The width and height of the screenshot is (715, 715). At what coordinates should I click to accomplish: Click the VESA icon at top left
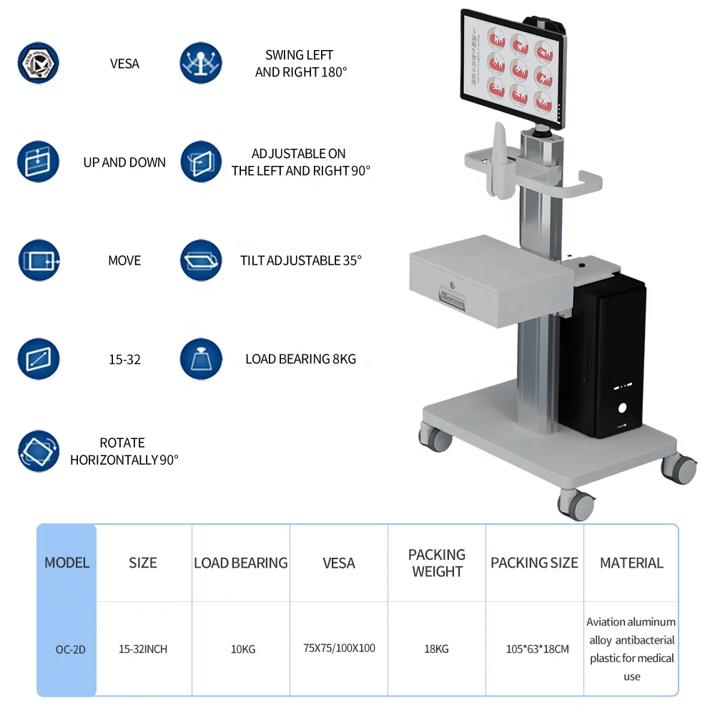(38, 64)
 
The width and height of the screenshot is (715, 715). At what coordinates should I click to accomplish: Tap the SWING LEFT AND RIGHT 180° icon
(201, 64)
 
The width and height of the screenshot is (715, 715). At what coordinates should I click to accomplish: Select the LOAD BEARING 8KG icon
(201, 359)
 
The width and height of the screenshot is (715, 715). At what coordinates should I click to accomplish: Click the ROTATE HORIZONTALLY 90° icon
(38, 451)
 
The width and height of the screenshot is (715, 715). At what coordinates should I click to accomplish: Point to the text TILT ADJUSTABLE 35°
(301, 260)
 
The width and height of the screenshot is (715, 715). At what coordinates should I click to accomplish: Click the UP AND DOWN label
(124, 162)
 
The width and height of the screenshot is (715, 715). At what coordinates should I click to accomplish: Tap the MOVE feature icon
(38, 260)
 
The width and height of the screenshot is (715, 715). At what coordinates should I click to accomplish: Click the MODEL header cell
(66, 563)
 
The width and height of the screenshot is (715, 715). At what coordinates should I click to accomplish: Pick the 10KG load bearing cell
(241, 649)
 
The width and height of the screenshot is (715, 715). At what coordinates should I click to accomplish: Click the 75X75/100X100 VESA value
(339, 649)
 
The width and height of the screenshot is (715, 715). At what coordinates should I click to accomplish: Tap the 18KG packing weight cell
(437, 649)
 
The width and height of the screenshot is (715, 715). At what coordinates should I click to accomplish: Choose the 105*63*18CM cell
(534, 649)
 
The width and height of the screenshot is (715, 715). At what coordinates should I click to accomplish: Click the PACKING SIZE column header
(534, 563)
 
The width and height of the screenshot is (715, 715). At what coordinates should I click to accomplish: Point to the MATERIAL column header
(631, 563)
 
